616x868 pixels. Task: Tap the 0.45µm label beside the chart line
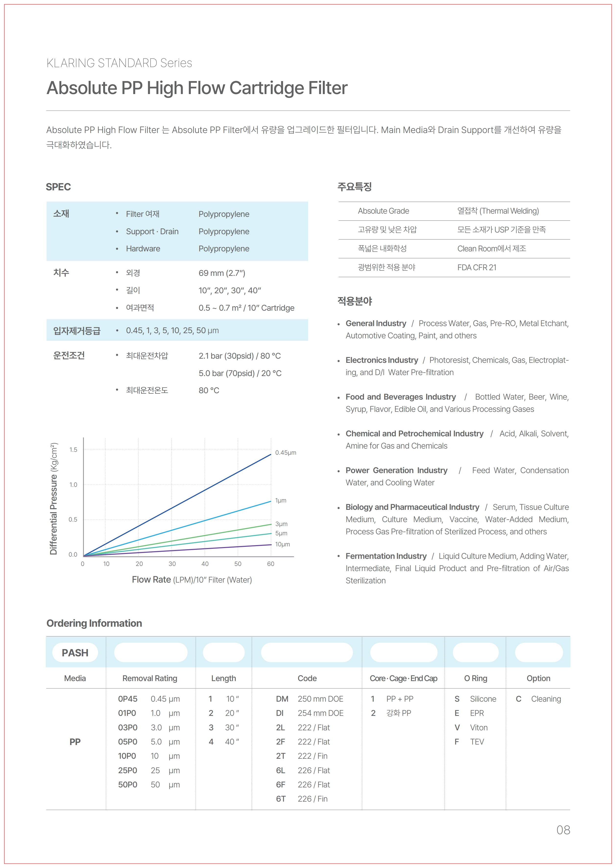[286, 452]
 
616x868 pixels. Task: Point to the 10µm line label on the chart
[283, 544]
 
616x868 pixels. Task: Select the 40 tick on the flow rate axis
[205, 564]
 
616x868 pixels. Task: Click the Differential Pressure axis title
[54, 499]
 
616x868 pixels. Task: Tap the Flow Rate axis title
[192, 580]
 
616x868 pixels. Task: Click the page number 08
[563, 830]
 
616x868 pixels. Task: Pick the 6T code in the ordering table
[281, 799]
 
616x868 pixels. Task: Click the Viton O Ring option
[479, 727]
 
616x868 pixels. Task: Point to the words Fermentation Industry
[386, 556]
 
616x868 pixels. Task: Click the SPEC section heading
[58, 187]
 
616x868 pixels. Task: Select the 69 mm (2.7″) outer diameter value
[222, 273]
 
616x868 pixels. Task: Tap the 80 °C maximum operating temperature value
[209, 390]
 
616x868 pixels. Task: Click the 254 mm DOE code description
[321, 713]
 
